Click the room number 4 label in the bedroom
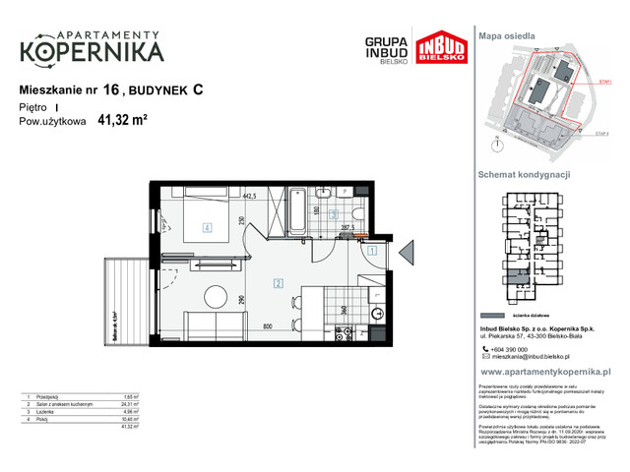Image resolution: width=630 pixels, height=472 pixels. point(207,228)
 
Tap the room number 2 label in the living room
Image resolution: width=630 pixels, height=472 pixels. point(279,284)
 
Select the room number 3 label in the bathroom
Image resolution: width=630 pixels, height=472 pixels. point(334,213)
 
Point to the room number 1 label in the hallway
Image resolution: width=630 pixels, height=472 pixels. point(372,251)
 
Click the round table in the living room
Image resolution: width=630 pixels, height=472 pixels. point(214,297)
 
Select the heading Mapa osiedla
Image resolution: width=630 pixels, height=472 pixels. point(506,35)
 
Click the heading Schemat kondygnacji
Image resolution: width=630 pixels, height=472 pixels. point(525,174)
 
